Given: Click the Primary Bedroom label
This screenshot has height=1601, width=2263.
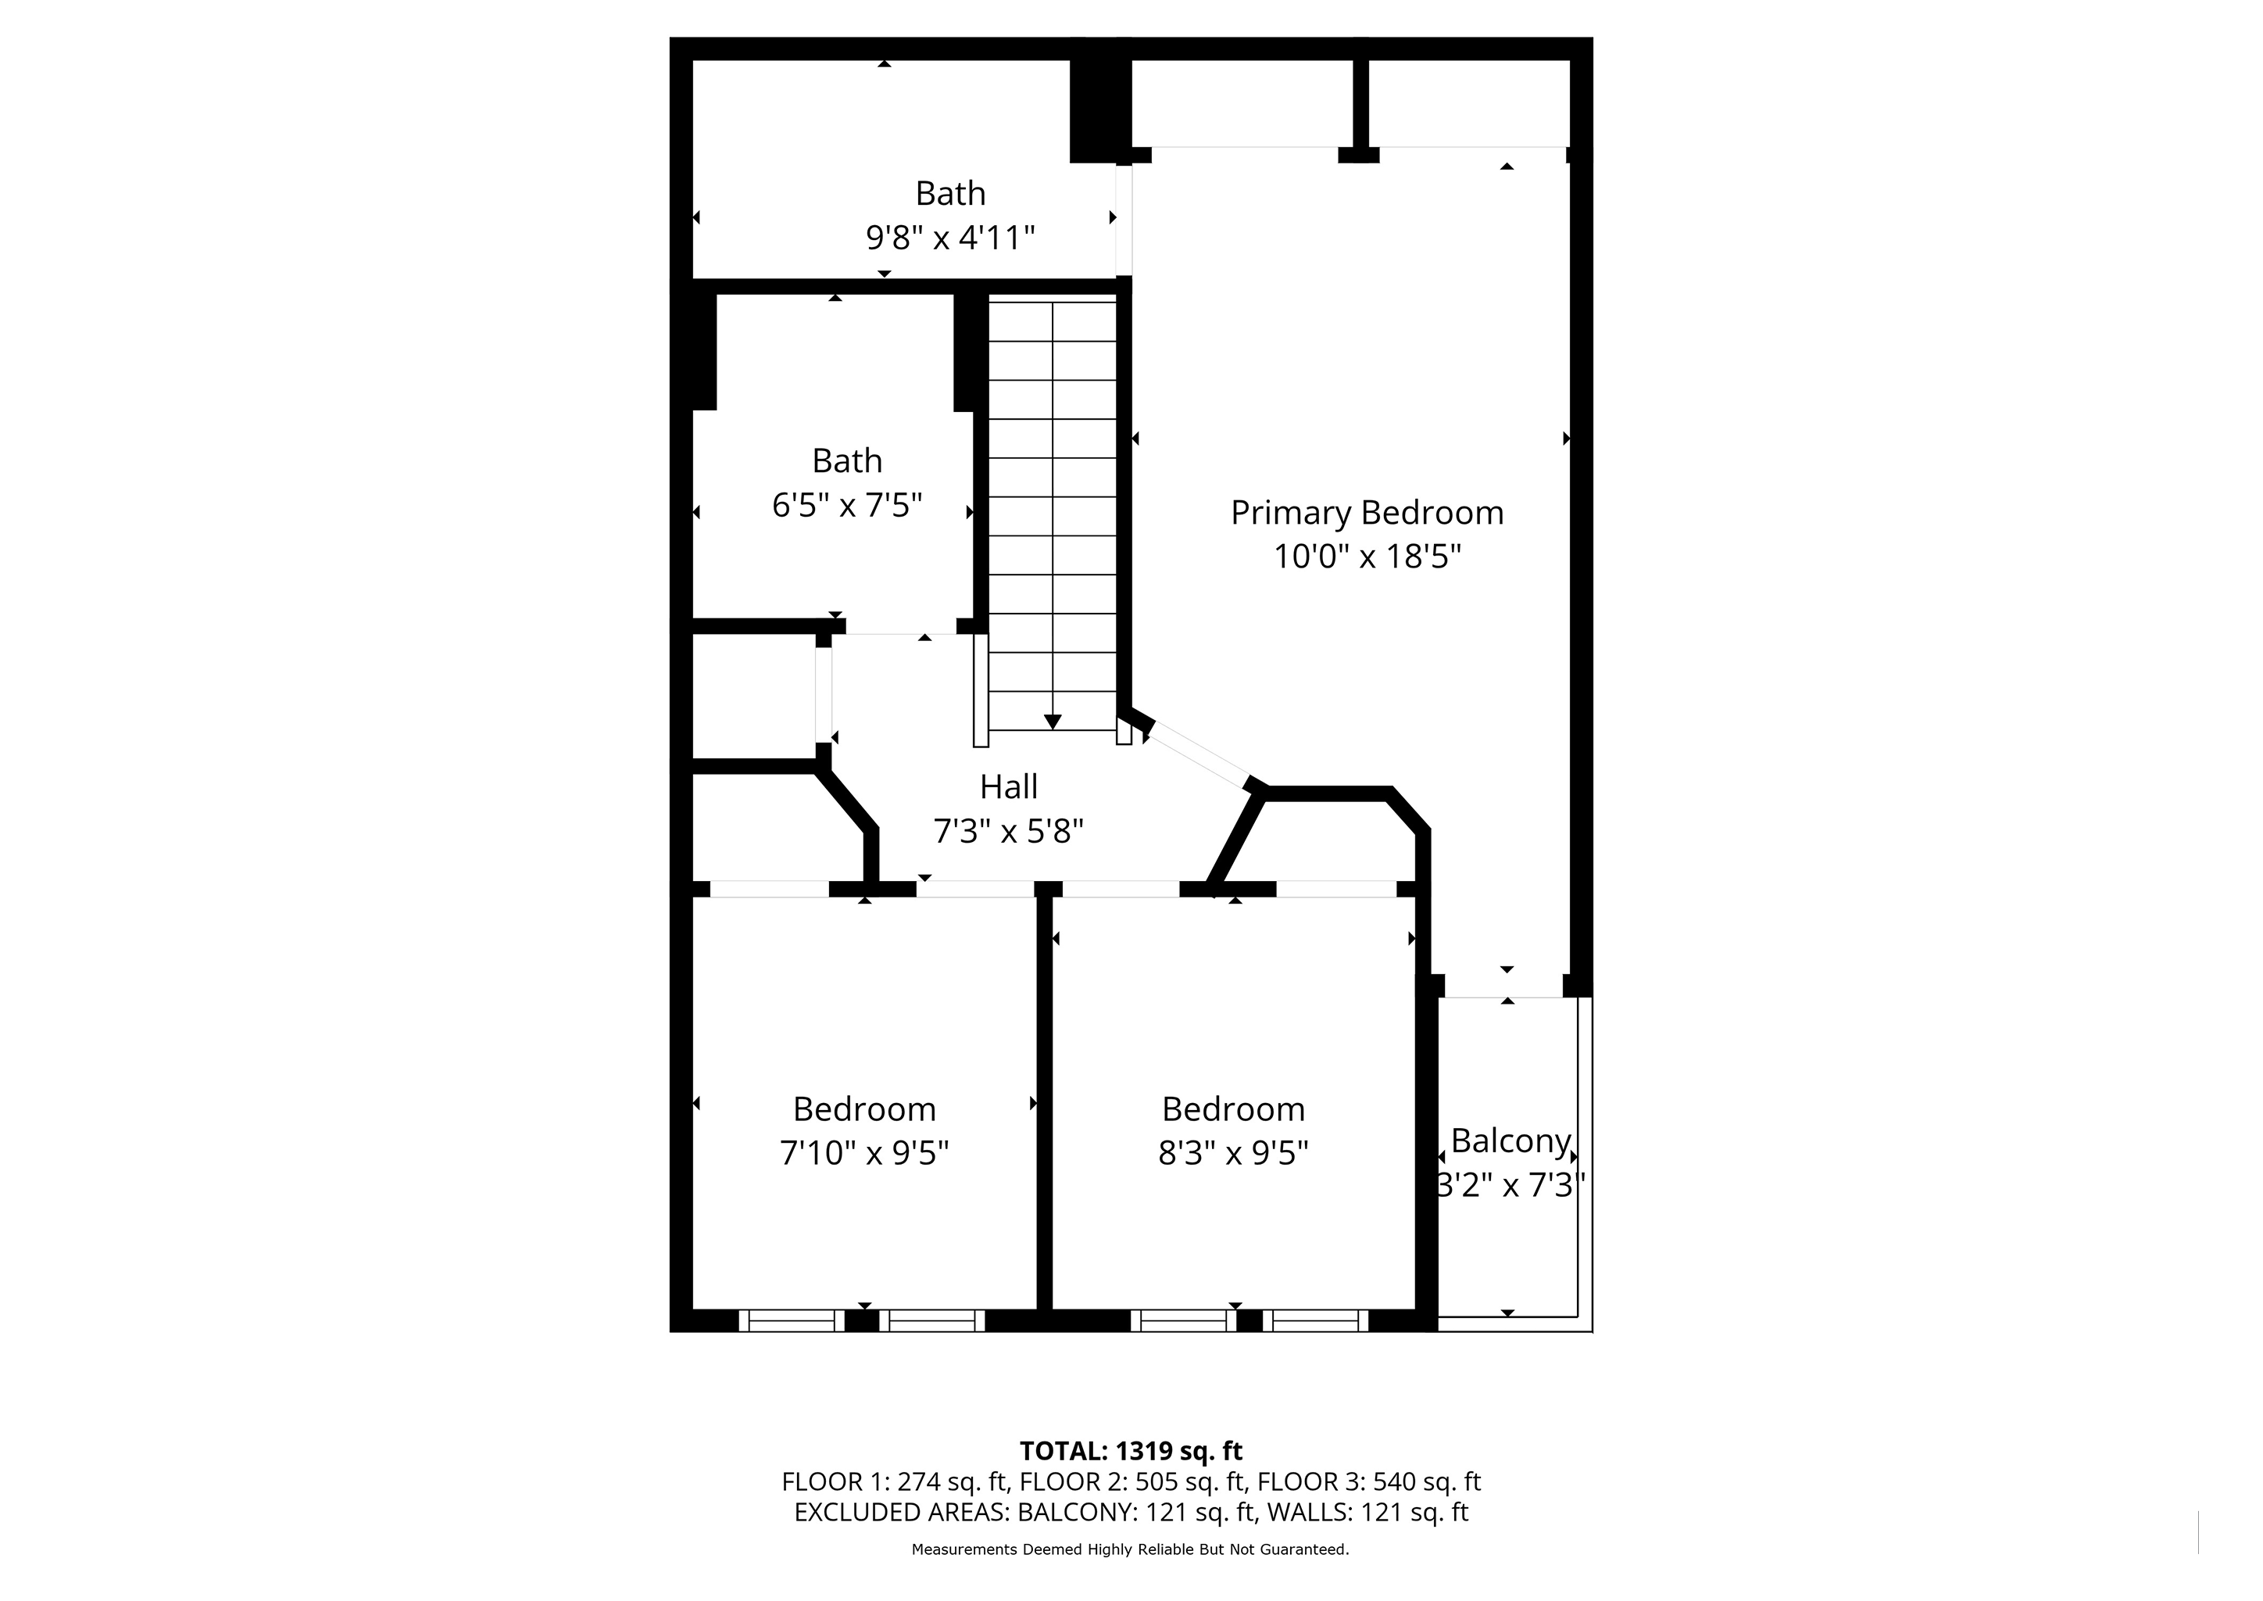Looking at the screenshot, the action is tap(1367, 514).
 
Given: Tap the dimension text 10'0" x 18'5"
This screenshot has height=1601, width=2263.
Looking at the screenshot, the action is tap(1367, 557).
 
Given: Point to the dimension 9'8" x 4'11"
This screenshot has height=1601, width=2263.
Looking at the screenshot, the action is tap(950, 238).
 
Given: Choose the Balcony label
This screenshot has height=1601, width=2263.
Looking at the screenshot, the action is tap(1510, 1141).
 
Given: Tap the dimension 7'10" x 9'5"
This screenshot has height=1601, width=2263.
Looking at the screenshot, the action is tap(864, 1152).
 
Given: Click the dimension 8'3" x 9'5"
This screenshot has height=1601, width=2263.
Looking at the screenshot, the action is tap(1233, 1152).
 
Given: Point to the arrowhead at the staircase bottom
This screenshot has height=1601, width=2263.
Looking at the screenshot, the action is tap(1053, 722).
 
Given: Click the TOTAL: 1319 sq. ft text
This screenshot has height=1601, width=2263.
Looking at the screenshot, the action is tap(1131, 1451).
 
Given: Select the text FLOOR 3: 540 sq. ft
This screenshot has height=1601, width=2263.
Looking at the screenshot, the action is tap(1369, 1481).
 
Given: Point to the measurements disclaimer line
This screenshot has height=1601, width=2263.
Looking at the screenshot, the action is tap(1131, 1549).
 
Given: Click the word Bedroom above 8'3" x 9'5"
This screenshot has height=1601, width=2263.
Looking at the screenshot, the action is tap(1233, 1109).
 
